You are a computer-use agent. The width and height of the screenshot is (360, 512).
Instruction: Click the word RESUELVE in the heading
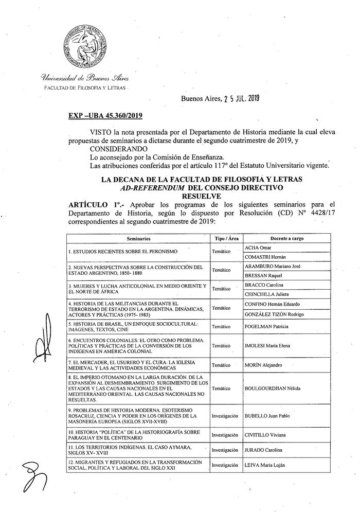coord(201,196)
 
